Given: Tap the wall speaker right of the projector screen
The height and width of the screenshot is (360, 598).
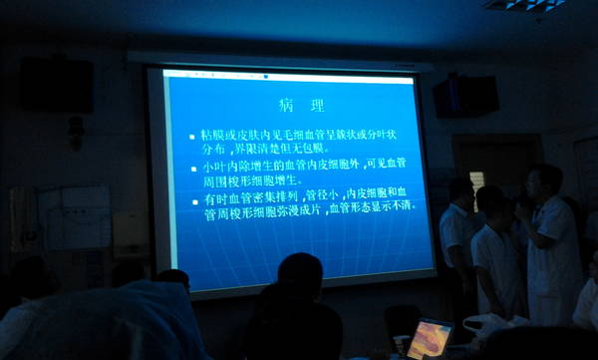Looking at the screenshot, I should [465, 97].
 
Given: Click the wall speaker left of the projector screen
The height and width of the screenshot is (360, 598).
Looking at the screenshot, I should [58, 85].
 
